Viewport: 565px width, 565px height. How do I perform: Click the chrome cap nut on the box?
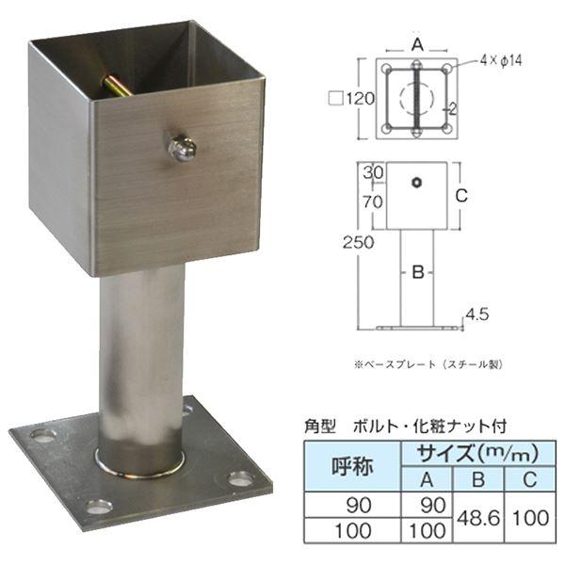point(181,148)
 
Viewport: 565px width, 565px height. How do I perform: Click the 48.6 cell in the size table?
point(478,518)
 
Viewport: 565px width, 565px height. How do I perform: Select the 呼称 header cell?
point(352,467)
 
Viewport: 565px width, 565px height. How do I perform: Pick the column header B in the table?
point(478,479)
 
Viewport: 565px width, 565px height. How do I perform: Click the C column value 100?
point(531,518)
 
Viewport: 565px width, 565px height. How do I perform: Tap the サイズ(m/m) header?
point(478,454)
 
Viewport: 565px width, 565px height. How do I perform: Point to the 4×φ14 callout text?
point(501,60)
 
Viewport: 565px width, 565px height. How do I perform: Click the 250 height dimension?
point(358,243)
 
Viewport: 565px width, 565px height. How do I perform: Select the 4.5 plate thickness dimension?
point(477,315)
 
